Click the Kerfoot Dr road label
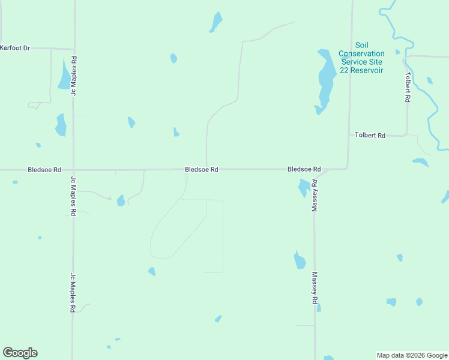[x=15, y=47]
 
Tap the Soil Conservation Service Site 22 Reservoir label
[x=361, y=58]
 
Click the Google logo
[x=20, y=353]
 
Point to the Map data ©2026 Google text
[x=412, y=355]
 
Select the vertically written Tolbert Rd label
[x=408, y=87]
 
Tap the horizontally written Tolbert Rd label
[x=370, y=136]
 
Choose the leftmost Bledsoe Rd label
[x=44, y=170]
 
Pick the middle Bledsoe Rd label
[x=201, y=170]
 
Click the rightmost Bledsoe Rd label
[x=304, y=170]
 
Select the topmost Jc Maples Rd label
[x=74, y=76]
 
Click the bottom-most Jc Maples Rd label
[x=73, y=293]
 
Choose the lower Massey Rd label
[x=314, y=289]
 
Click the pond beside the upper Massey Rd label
[x=304, y=188]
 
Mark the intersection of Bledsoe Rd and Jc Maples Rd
[x=73, y=170]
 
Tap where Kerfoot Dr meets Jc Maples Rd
[x=74, y=49]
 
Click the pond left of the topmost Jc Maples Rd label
[x=64, y=76]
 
